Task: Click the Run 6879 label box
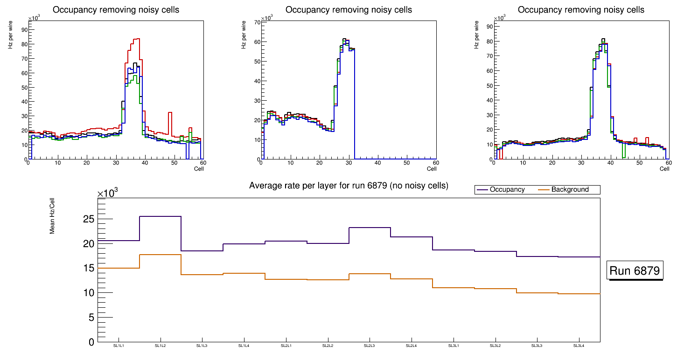[635, 271]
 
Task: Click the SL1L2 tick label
[160, 346]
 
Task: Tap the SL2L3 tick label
[370, 346]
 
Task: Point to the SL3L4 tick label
[579, 346]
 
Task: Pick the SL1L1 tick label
[119, 346]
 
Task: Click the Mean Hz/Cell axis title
[52, 219]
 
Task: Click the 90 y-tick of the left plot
[23, 30]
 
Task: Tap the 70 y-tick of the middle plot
[256, 22]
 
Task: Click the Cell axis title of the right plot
[664, 168]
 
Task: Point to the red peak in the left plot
[137, 39]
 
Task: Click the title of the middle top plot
[349, 9]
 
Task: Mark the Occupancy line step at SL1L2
[160, 216]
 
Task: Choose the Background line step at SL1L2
[160, 255]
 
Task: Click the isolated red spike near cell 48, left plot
[170, 112]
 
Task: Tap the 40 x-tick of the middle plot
[377, 163]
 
